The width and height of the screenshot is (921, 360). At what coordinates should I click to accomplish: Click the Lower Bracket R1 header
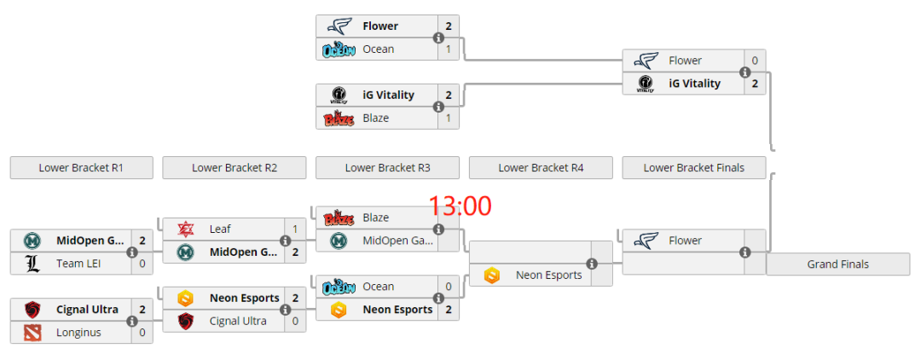coord(81,167)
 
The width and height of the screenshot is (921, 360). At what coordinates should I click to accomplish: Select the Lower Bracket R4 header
coord(540,167)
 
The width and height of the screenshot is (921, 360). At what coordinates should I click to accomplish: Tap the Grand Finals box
coord(837,264)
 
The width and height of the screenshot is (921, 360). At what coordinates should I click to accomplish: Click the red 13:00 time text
coord(460,206)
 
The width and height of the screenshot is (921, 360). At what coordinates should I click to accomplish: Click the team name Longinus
coord(77,333)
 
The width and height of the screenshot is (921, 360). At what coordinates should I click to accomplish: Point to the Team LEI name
coord(78,264)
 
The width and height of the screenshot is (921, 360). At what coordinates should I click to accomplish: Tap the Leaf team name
coord(220,229)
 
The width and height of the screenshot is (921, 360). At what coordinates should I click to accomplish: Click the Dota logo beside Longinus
coord(32,333)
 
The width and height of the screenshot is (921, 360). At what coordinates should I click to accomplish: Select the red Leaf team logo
coord(185,229)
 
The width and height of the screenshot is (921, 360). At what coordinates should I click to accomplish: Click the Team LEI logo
coord(32,264)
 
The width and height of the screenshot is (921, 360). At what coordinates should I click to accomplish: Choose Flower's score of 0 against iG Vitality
coord(754,61)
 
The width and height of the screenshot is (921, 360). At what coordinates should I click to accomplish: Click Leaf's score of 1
coord(295,229)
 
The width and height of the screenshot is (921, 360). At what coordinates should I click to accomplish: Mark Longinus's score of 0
coord(142,333)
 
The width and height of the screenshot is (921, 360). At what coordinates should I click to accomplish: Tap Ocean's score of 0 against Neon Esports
coord(449,287)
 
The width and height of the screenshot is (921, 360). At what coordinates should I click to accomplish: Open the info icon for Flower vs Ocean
coord(438,38)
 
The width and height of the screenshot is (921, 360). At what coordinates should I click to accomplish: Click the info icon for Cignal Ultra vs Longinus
coord(132,322)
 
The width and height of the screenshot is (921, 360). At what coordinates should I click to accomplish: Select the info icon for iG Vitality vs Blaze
coord(438,107)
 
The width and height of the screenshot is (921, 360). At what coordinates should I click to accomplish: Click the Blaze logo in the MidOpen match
coord(339,218)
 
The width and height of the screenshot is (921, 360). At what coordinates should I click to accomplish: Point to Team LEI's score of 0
coord(142,264)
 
